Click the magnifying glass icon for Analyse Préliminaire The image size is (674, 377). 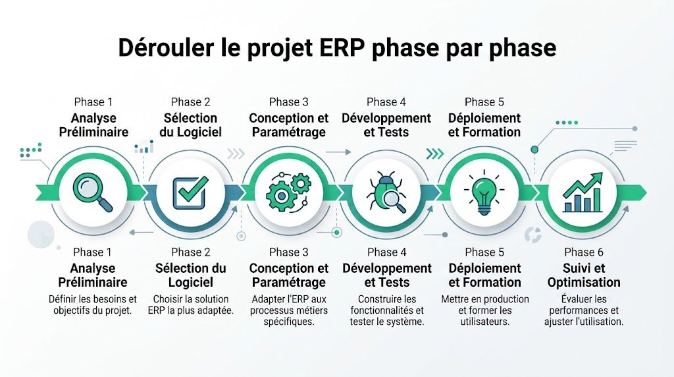(x=93, y=190)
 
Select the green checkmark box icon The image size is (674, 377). (x=190, y=190)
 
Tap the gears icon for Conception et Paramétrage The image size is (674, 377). (x=288, y=190)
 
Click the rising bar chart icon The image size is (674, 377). (x=583, y=191)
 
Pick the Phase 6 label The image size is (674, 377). (x=583, y=252)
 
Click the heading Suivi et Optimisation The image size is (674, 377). (x=583, y=275)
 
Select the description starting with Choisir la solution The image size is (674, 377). (x=190, y=304)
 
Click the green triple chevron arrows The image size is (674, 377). (x=434, y=154)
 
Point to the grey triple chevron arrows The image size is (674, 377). (x=235, y=154)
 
